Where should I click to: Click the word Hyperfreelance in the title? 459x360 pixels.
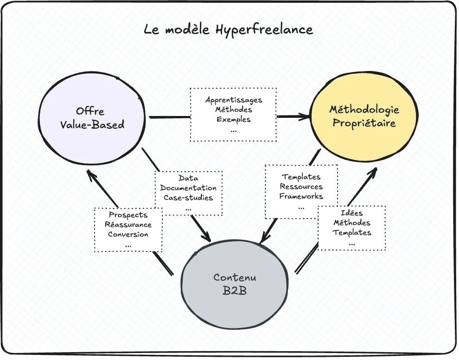(x=264, y=30)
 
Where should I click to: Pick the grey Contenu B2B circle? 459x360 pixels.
(x=235, y=284)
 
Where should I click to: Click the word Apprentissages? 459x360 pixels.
(x=234, y=100)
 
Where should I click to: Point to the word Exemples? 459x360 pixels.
(x=234, y=119)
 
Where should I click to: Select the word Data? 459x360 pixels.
(x=188, y=178)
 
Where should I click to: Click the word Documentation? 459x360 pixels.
(x=188, y=188)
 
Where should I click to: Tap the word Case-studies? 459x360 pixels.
(x=188, y=198)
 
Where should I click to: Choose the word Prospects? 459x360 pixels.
(x=128, y=215)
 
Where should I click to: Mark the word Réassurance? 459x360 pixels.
(x=128, y=225)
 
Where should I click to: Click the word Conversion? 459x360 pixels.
(x=128, y=234)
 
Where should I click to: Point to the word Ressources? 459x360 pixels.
(x=301, y=186)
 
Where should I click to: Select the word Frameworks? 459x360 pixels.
(x=301, y=196)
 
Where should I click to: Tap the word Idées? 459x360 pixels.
(x=352, y=213)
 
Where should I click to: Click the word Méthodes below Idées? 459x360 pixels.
(x=352, y=223)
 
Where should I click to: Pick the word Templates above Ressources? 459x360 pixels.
(x=301, y=177)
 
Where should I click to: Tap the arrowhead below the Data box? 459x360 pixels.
(x=206, y=237)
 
